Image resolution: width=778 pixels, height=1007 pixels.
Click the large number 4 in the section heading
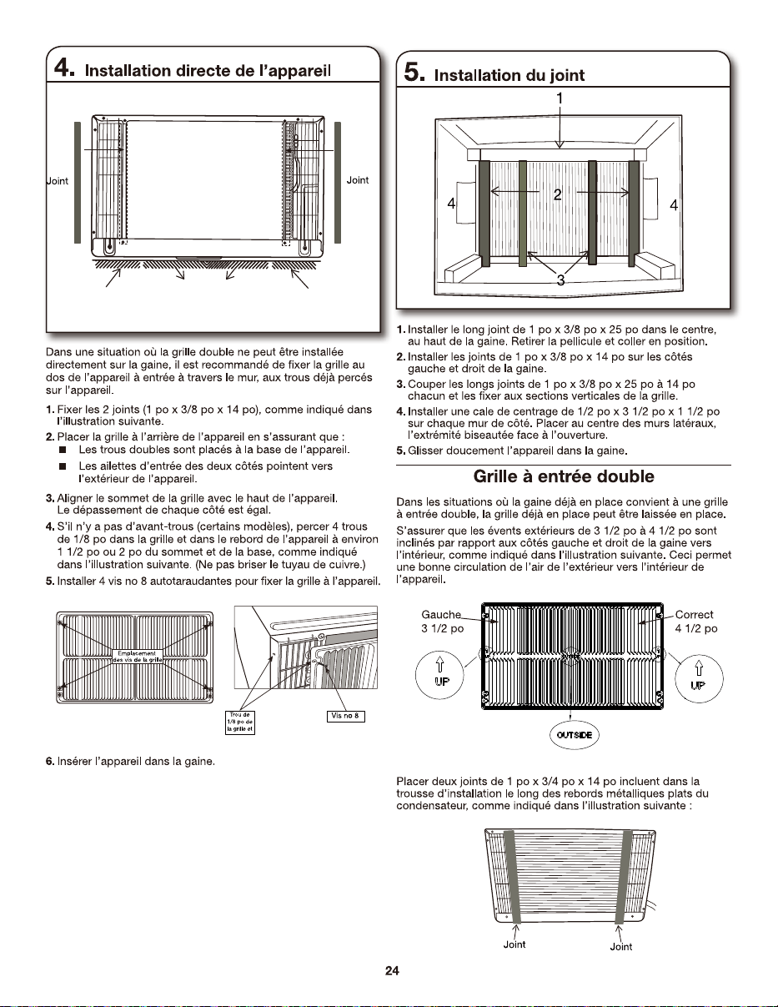[x=63, y=68]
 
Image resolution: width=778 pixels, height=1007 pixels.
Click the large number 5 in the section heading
[x=414, y=73]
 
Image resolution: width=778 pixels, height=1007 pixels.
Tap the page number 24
[x=392, y=970]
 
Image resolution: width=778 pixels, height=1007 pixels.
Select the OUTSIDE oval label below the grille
[x=575, y=735]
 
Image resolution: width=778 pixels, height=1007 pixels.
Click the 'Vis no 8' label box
[x=345, y=716]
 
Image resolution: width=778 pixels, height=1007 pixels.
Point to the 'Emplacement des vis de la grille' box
[x=137, y=657]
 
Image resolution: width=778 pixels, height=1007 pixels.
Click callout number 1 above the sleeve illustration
[x=560, y=98]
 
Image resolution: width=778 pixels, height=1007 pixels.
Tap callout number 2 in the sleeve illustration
[x=558, y=194]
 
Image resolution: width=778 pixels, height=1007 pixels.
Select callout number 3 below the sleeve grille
[x=560, y=279]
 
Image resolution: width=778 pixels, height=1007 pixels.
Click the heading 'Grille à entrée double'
[x=564, y=476]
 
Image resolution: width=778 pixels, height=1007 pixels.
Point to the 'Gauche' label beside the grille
[x=441, y=615]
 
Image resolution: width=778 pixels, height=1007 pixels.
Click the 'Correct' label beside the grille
[x=694, y=615]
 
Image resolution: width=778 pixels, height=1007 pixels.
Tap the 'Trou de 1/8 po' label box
[x=240, y=723]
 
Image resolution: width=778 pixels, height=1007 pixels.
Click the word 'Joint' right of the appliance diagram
[x=358, y=180]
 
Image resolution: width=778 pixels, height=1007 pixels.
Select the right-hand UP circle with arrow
[x=699, y=678]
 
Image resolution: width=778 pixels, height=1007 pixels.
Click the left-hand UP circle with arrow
[x=439, y=675]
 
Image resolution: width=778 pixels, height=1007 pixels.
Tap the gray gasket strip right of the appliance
[x=338, y=183]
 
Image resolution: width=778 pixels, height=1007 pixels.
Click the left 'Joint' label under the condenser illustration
[x=514, y=944]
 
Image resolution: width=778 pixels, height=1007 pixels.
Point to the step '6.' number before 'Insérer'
[x=50, y=762]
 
